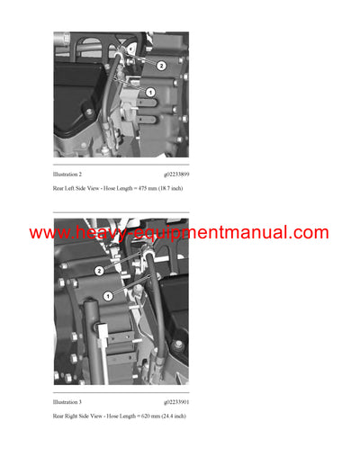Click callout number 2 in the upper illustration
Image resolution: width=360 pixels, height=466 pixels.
(x=161, y=66)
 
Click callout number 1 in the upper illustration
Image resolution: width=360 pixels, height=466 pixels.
(x=150, y=92)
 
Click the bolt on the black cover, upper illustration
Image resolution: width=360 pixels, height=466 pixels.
(x=86, y=112)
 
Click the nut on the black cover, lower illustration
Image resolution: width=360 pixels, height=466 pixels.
(x=178, y=345)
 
